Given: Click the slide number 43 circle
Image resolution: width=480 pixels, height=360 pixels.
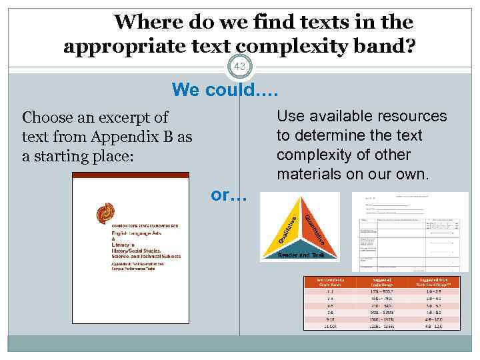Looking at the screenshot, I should point(240,67).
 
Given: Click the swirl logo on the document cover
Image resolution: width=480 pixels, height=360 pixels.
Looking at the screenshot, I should point(107,213).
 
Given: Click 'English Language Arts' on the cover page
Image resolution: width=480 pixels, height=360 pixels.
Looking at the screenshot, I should point(137,237).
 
